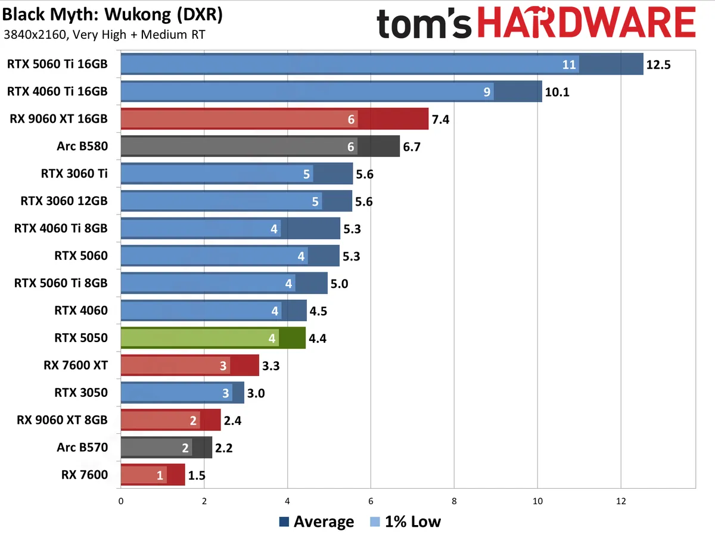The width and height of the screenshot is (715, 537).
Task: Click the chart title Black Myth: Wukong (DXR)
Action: (x=113, y=14)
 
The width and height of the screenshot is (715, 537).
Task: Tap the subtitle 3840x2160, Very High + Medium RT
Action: (x=104, y=34)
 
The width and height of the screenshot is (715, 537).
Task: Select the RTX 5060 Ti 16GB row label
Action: (x=58, y=64)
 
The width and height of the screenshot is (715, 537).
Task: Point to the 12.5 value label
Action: (x=658, y=64)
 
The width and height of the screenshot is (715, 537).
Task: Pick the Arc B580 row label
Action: (x=83, y=146)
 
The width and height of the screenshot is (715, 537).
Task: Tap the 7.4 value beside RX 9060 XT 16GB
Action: (x=441, y=119)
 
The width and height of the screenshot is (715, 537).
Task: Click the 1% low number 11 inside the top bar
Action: (x=570, y=64)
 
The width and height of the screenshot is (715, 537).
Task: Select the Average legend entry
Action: (x=317, y=522)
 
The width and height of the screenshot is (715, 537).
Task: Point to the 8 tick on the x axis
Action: (x=454, y=502)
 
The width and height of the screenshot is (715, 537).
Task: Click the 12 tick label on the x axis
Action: (x=621, y=502)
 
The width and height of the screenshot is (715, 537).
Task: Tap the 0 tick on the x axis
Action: (x=121, y=502)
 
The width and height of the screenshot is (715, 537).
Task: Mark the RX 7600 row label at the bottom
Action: (x=85, y=475)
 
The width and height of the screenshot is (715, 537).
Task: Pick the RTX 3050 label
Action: (x=81, y=393)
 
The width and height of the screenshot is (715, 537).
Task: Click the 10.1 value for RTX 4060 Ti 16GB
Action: (x=557, y=92)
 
